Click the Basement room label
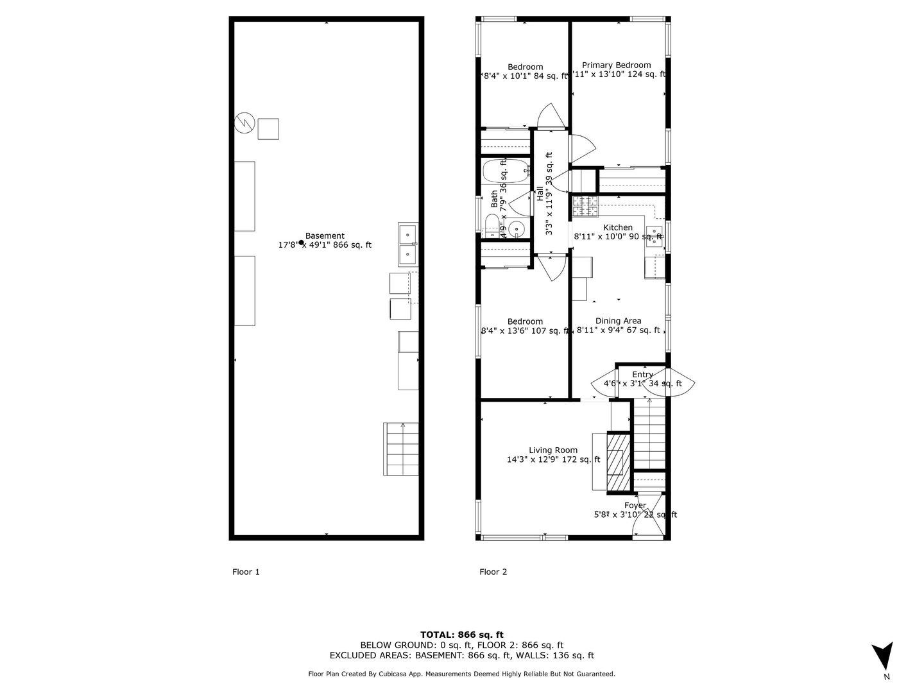325,236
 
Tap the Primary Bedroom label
616,65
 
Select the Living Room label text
552,450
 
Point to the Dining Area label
618,321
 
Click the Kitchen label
617,228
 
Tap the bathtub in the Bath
506,171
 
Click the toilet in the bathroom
492,225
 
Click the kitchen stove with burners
585,207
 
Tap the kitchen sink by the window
654,235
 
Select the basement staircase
402,449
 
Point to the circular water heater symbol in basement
244,123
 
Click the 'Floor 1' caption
246,572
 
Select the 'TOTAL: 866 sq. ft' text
461,635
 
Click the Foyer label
635,506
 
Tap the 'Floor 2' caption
493,572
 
